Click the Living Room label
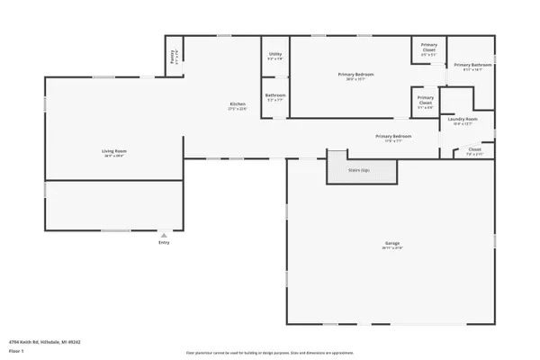(113, 150)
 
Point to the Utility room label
(275, 54)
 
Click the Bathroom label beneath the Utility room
(275, 95)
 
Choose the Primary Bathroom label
(472, 65)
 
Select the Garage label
(392, 243)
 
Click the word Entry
(164, 242)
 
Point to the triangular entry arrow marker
(164, 235)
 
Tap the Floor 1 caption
(16, 350)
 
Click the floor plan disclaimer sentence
(269, 353)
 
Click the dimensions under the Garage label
(392, 248)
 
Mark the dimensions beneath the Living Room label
(113, 156)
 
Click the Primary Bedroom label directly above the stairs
(393, 136)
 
